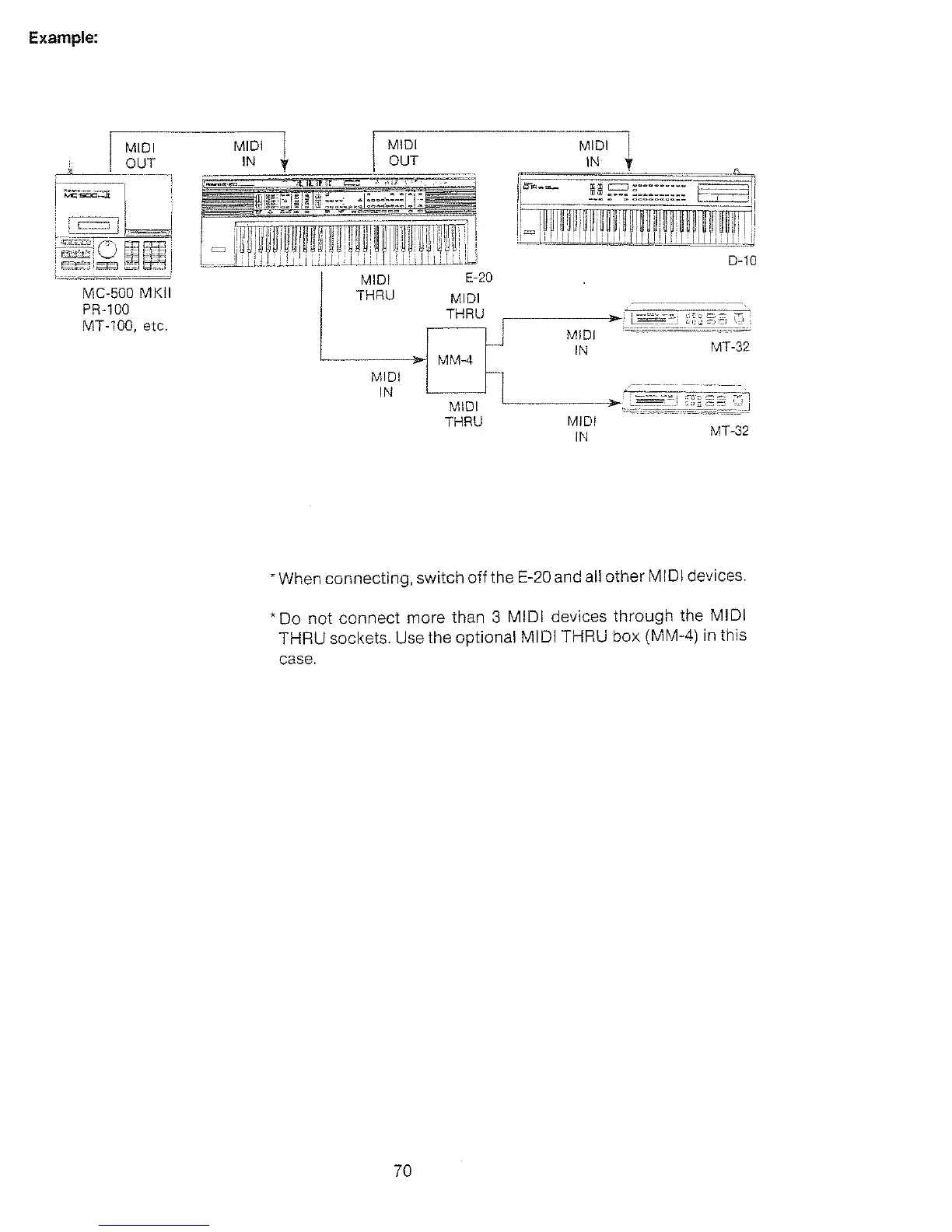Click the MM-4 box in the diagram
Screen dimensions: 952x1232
click(x=457, y=360)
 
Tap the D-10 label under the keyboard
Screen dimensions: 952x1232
click(x=742, y=261)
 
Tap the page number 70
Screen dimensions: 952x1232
click(x=402, y=1171)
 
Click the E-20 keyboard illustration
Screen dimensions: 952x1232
click(x=338, y=222)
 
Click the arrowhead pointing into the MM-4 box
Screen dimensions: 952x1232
click(x=420, y=360)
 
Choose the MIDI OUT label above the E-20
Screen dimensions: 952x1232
click(x=403, y=152)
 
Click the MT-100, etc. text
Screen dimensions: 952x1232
click(x=125, y=326)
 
